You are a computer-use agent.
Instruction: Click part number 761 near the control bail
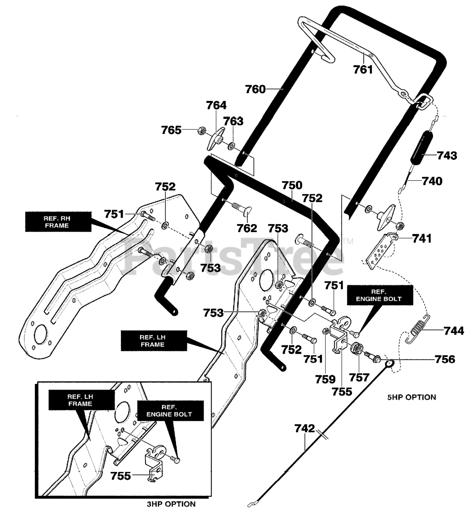click(x=363, y=69)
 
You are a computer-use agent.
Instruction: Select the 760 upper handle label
click(x=255, y=89)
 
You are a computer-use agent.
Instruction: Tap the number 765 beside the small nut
click(x=171, y=130)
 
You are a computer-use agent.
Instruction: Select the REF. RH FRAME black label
click(x=58, y=222)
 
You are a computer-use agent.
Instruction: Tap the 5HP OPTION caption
click(x=411, y=397)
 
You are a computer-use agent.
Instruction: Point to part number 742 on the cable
click(x=305, y=428)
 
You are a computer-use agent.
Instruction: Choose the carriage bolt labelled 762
click(x=239, y=211)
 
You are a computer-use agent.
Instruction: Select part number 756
click(x=445, y=359)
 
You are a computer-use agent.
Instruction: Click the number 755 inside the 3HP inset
click(x=121, y=476)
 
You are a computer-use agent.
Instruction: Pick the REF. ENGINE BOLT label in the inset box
click(x=171, y=411)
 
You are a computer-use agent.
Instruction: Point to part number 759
click(x=325, y=379)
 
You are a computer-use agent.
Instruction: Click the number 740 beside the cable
click(x=432, y=181)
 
